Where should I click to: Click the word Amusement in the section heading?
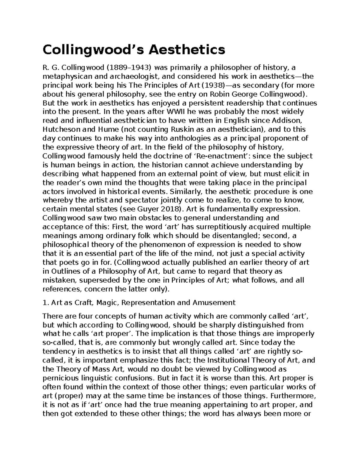point(214,303)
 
